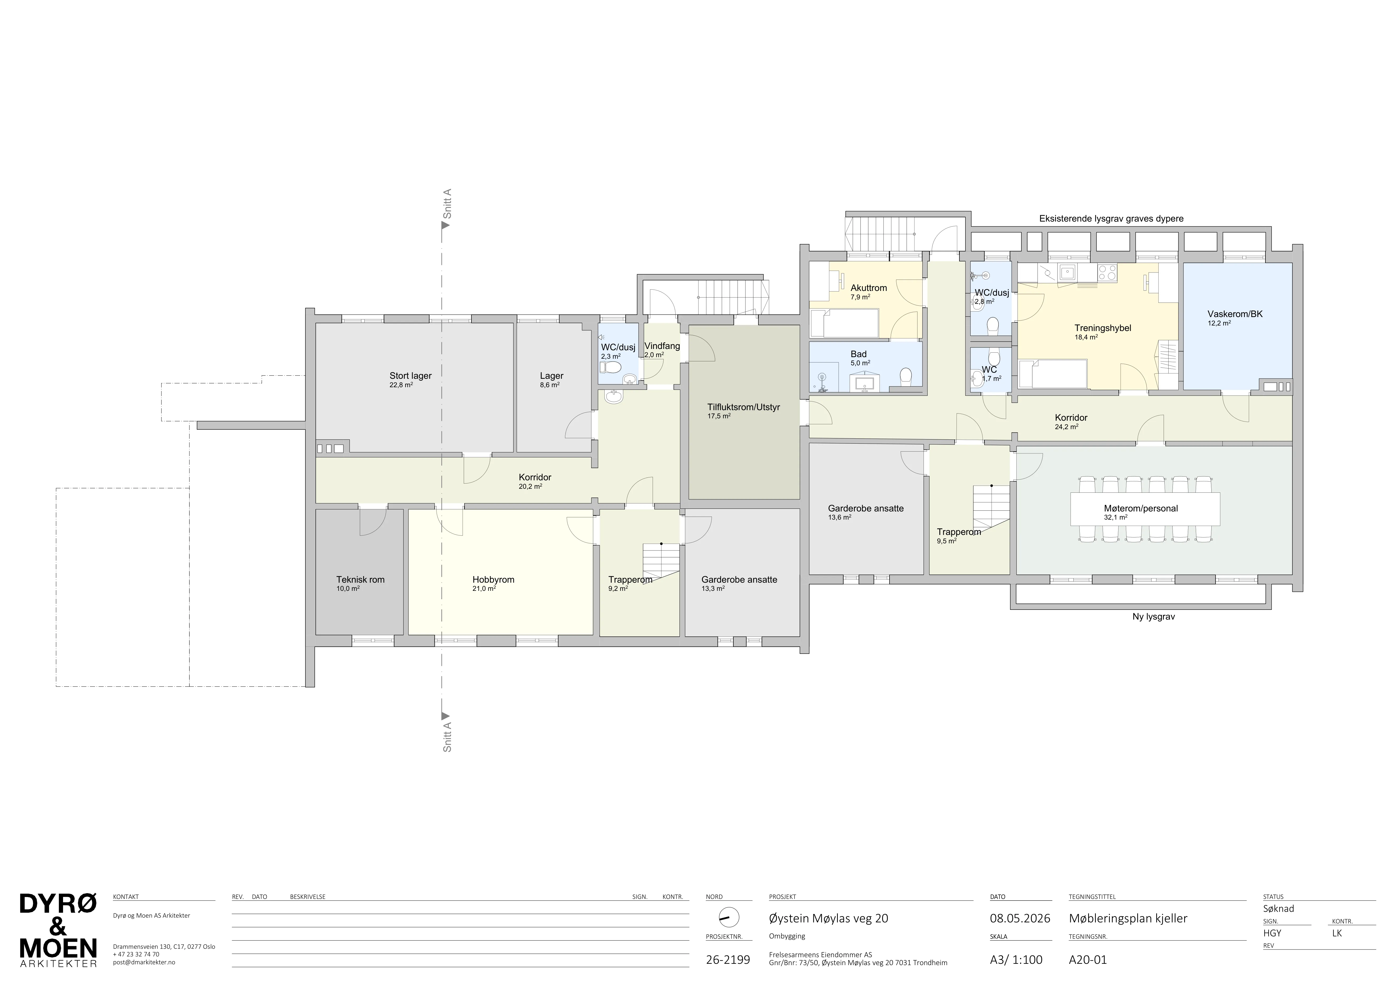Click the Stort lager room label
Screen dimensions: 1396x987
(x=410, y=376)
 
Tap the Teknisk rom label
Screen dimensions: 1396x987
(x=361, y=579)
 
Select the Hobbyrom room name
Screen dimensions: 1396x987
(x=493, y=579)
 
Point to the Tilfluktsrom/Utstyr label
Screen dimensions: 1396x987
(x=744, y=407)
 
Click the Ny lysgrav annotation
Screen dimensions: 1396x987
(x=1153, y=616)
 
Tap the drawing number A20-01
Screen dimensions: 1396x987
(x=1088, y=960)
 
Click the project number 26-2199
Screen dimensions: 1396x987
(x=728, y=960)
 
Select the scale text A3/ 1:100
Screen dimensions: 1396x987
(x=1016, y=960)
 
